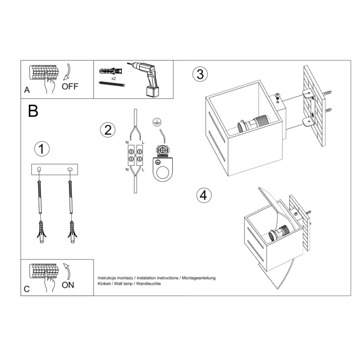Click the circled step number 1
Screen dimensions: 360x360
pyautogui.click(x=42, y=149)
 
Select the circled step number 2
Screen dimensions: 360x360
pyautogui.click(x=108, y=129)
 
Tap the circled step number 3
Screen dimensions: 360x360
pyautogui.click(x=199, y=74)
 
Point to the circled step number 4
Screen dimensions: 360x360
pyautogui.click(x=204, y=196)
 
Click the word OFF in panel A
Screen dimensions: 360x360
pyautogui.click(x=70, y=87)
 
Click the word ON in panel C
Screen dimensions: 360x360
pyautogui.click(x=68, y=285)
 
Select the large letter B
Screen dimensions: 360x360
pyautogui.click(x=33, y=110)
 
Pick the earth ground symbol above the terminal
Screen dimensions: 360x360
pyautogui.click(x=156, y=122)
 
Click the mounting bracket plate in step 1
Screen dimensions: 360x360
pyautogui.click(x=54, y=170)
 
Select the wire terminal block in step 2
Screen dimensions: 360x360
pyautogui.click(x=135, y=156)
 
